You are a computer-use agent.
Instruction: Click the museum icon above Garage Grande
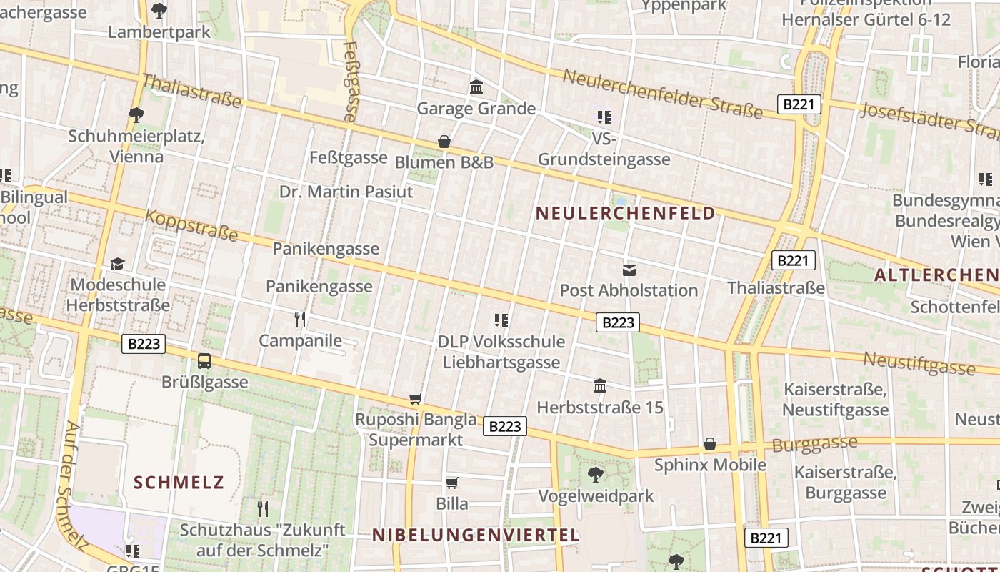click(x=476, y=87)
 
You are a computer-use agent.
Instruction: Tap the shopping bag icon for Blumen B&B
click(x=444, y=142)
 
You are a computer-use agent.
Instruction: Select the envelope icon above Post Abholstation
click(x=629, y=270)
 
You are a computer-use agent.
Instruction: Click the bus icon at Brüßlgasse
click(x=204, y=360)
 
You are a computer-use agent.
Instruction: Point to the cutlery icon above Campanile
click(x=300, y=319)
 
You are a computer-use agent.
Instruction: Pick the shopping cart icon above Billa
click(x=451, y=483)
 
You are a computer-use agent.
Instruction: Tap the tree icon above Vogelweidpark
click(x=595, y=474)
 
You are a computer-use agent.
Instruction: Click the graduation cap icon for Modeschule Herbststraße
click(x=118, y=264)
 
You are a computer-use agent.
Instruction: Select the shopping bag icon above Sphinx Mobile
click(x=709, y=444)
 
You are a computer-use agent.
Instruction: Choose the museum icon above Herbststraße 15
click(x=600, y=386)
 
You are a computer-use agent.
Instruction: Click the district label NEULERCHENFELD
click(x=625, y=213)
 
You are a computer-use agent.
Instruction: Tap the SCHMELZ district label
click(x=179, y=482)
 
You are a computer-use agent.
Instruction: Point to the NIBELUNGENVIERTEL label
click(x=476, y=535)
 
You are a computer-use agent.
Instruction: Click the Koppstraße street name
click(x=191, y=225)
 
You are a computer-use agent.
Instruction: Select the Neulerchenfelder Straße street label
click(x=663, y=93)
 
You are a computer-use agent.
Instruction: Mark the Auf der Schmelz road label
click(x=74, y=486)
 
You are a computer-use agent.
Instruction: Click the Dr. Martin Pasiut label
click(x=346, y=192)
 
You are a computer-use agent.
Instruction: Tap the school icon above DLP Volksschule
click(x=501, y=320)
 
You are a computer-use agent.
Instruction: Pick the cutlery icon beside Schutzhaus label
click(x=263, y=508)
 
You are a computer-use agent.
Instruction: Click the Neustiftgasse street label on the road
click(x=919, y=363)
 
